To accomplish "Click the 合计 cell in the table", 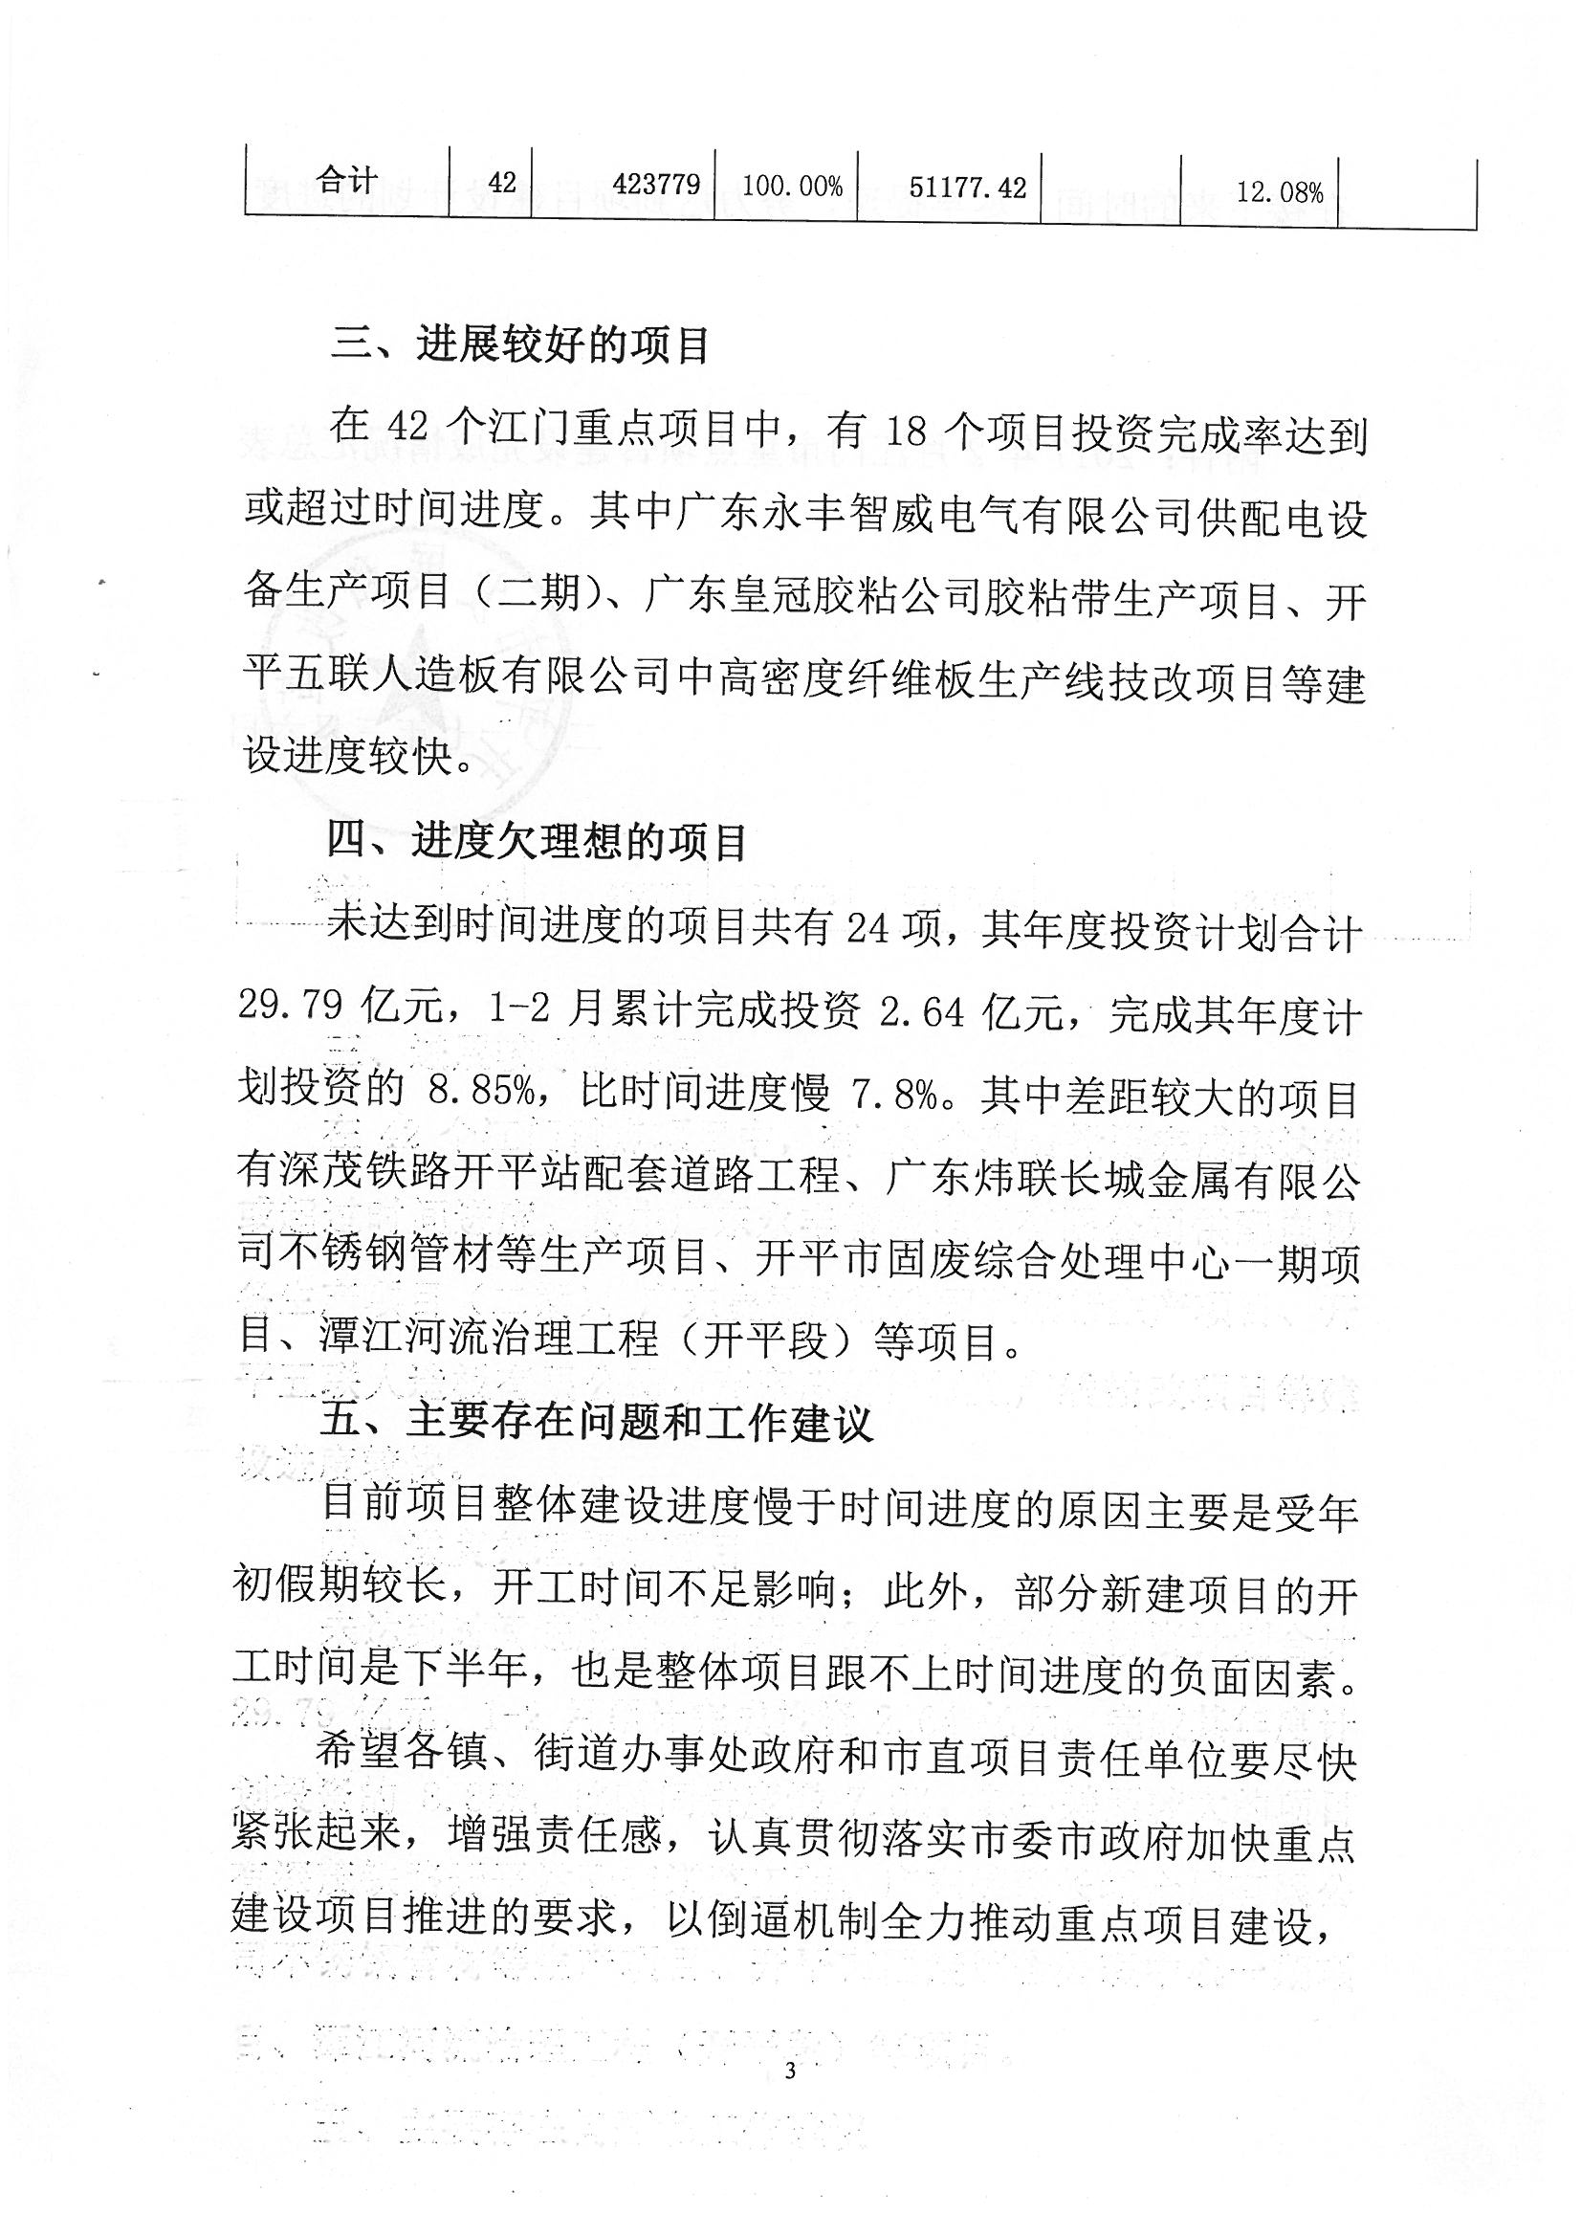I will [x=347, y=181].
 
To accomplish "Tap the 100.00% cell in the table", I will [x=792, y=185].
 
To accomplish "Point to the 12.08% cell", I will [x=1280, y=192].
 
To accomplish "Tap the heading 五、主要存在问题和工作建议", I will [x=597, y=1423].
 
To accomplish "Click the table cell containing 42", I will [x=502, y=182].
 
